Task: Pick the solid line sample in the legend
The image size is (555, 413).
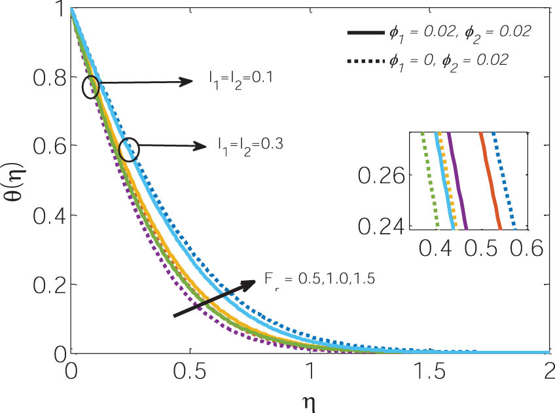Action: click(x=363, y=31)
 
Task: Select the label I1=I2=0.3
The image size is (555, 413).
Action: click(x=251, y=145)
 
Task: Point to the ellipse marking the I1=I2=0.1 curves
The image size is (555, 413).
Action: click(x=91, y=87)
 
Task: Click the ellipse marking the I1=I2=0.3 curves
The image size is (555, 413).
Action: click(x=130, y=150)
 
